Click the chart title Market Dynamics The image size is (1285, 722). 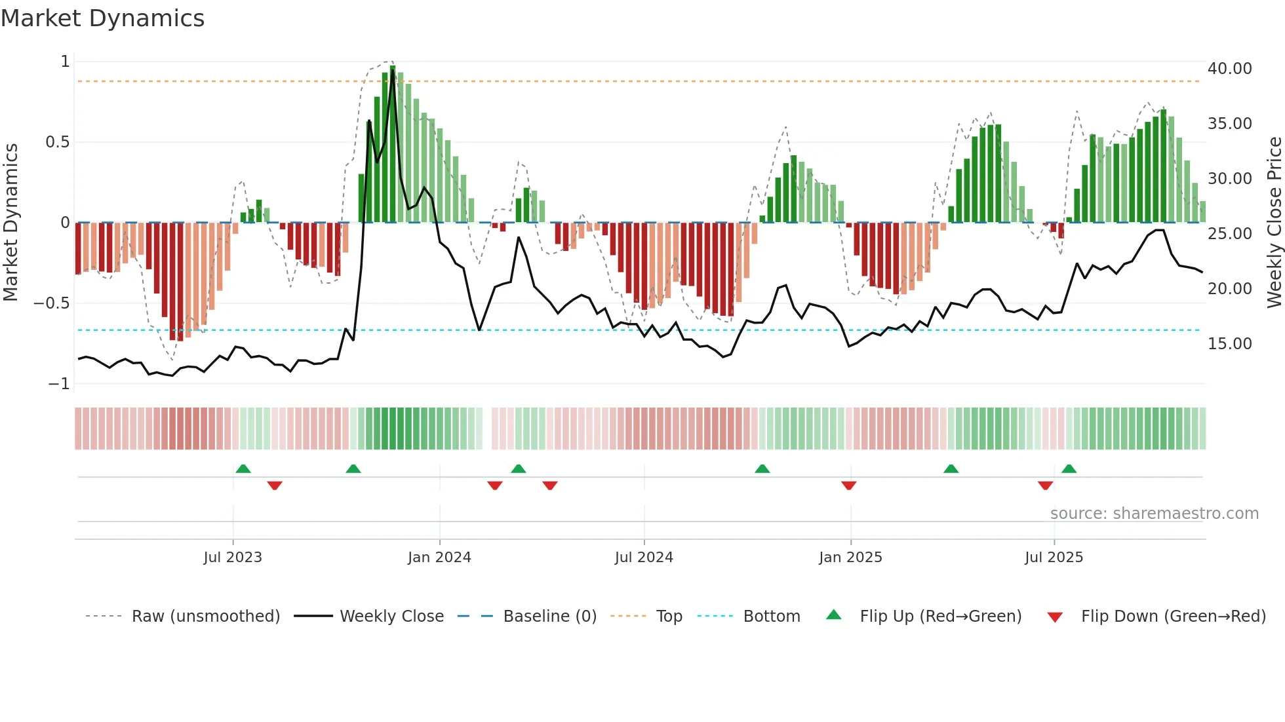click(x=102, y=18)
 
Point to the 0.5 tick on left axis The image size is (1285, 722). click(x=57, y=142)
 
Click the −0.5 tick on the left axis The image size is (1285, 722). click(x=51, y=303)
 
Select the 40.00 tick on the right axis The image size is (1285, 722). click(x=1229, y=69)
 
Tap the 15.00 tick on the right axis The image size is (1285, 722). click(x=1229, y=344)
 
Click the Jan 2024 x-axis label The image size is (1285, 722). click(x=439, y=558)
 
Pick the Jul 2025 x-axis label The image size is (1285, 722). click(x=1054, y=558)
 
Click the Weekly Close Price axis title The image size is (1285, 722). click(x=1274, y=223)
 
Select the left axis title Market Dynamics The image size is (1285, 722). click(x=10, y=223)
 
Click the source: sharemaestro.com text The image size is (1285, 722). click(x=1154, y=514)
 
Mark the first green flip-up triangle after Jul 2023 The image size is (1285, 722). click(x=243, y=469)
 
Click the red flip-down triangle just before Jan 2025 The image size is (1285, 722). click(x=848, y=485)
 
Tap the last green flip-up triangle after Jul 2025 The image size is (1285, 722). click(x=1069, y=469)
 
